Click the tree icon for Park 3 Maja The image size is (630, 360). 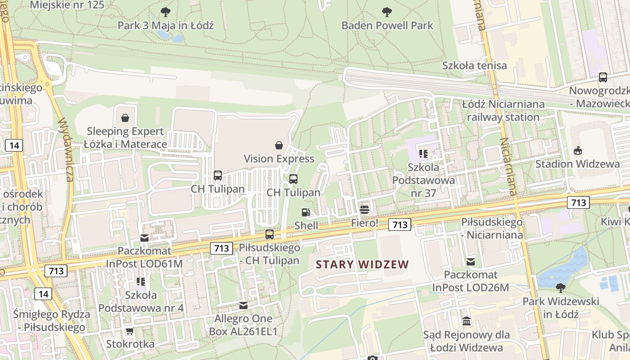click(166, 12)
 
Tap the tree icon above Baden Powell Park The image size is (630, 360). click(387, 12)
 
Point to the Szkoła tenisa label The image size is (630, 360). click(474, 65)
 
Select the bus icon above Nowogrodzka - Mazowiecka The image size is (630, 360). click(603, 77)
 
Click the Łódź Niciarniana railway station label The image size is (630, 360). click(503, 110)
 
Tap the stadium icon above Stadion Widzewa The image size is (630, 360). click(578, 150)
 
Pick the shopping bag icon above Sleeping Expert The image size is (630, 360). click(125, 118)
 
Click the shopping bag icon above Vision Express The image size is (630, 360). click(279, 145)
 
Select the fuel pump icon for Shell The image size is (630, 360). click(306, 212)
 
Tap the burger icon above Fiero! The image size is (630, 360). click(364, 209)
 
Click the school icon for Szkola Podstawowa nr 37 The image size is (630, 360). click(423, 154)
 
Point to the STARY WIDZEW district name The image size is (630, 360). click(362, 265)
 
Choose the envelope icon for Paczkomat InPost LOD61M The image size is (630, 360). click(144, 237)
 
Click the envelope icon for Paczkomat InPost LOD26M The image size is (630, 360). click(471, 261)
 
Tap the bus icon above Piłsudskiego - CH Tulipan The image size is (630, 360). click(270, 234)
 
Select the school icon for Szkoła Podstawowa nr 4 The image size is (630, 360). click(141, 282)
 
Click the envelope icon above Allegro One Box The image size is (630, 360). click(243, 305)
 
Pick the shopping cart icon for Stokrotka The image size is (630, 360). click(130, 331)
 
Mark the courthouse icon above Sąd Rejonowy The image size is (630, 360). click(467, 321)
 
